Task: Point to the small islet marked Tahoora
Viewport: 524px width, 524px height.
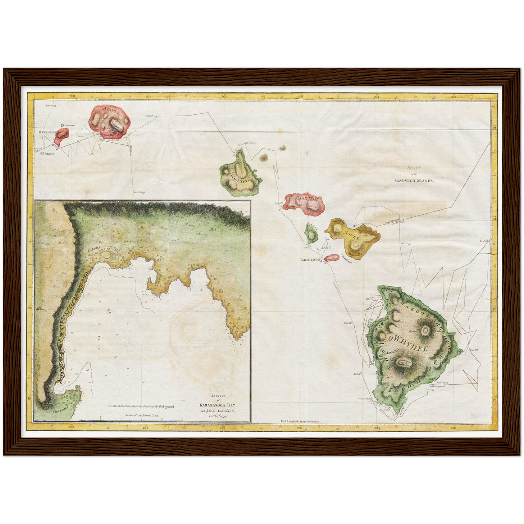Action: [x=43, y=153]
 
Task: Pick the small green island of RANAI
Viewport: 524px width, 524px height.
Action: [x=311, y=234]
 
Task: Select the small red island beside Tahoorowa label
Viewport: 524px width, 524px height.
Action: [x=331, y=258]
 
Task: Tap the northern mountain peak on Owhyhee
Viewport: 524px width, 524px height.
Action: [x=425, y=330]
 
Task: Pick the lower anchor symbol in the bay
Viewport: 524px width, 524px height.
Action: [x=99, y=338]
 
